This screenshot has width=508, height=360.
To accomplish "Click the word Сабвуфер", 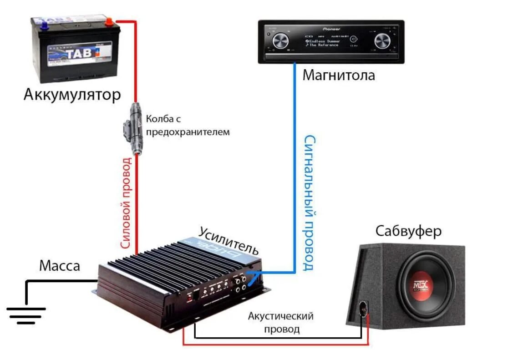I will pos(408,231).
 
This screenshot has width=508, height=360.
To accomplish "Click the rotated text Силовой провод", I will pos(127,203).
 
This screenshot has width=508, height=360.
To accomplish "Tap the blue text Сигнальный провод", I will pos(310,203).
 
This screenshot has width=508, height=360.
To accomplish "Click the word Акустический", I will pos(281,316).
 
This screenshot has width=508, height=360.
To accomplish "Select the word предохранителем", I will pos(188,132).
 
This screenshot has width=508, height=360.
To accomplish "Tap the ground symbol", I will pos(26,314).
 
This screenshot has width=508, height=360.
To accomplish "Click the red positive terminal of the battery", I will pos(109,20).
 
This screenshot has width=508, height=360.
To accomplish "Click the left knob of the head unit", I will pos(280,42).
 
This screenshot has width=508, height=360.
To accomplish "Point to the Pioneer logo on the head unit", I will pos(331,29).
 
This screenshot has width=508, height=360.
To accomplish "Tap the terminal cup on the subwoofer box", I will pos(363,309).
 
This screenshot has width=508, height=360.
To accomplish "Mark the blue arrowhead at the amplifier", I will pos(253,274).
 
